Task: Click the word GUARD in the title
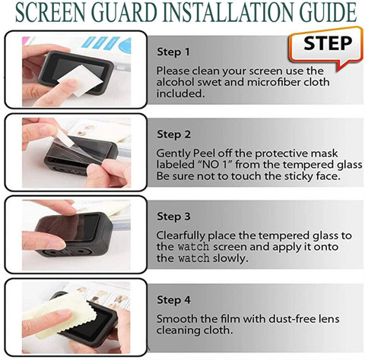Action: pyautogui.click(x=125, y=12)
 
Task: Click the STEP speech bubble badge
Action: pyautogui.click(x=326, y=48)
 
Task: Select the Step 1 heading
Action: pyautogui.click(x=173, y=52)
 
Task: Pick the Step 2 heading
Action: pyautogui.click(x=173, y=134)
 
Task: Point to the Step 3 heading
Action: pyautogui.click(x=173, y=216)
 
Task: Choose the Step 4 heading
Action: pyautogui.click(x=173, y=300)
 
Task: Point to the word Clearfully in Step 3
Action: pyautogui.click(x=180, y=236)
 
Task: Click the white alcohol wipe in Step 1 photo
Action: pyautogui.click(x=80, y=81)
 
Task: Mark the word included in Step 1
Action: pyautogui.click(x=180, y=93)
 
